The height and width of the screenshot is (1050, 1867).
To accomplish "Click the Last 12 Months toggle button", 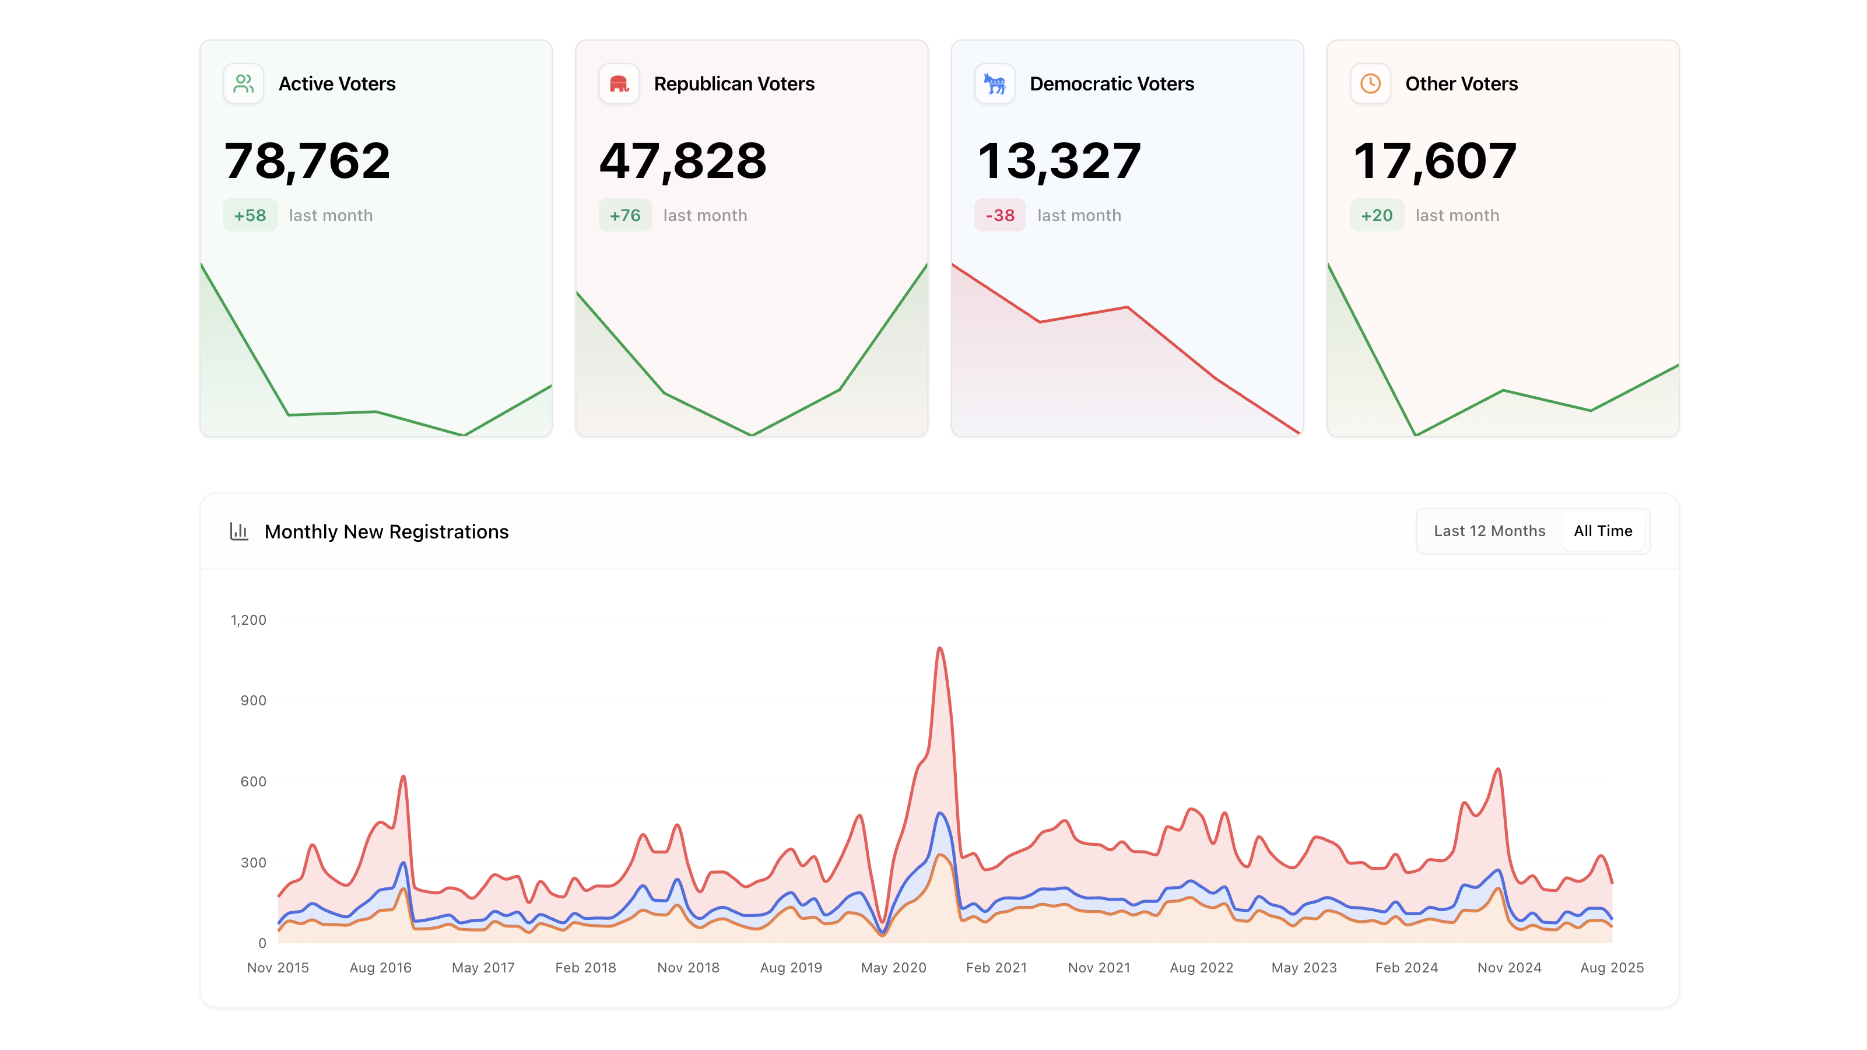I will pos(1489,531).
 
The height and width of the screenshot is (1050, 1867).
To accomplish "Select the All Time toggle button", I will pos(1602,531).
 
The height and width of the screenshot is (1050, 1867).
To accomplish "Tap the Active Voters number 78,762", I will pos(307,161).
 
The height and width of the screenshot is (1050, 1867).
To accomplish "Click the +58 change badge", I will pos(250,215).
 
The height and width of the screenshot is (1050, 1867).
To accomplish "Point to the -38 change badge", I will pos(999,215).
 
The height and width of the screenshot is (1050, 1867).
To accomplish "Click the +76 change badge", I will pos(624,215).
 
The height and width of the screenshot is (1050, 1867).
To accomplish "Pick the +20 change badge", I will pos(1376,215).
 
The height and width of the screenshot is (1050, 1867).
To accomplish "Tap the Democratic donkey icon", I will pos(994,84).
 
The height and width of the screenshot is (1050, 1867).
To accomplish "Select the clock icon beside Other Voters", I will pos(1370,84).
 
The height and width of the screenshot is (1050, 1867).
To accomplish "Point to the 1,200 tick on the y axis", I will pos(248,620).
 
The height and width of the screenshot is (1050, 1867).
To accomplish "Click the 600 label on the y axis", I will pos(253,782).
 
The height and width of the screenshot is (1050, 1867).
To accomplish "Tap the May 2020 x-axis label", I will pos(893,967).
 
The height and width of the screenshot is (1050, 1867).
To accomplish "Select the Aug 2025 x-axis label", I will pos(1611,967).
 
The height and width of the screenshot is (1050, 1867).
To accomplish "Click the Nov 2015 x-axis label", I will pos(278,967).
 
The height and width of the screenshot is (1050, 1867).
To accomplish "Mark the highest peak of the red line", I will pos(940,648).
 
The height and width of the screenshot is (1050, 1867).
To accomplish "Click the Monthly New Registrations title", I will pos(387,531).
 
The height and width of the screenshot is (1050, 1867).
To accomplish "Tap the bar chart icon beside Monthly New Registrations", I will pos(239,531).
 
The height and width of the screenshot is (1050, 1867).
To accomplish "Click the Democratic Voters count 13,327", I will pos(1059,161).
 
